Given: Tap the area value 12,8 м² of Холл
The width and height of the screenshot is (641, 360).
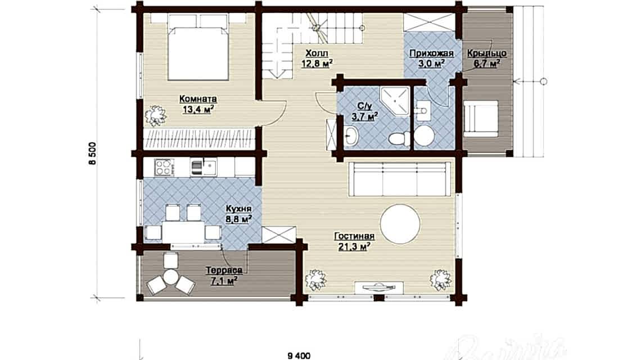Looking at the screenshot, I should tap(318, 62).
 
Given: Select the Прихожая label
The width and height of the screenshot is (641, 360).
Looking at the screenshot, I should tap(431, 53).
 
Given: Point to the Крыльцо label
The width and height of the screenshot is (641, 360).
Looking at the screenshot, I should tap(487, 53).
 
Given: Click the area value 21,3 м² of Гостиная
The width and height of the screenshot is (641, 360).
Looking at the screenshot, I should tap(351, 246).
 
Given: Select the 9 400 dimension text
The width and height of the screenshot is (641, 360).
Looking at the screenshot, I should tap(299, 354).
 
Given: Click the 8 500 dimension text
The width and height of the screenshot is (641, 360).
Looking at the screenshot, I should tap(91, 154).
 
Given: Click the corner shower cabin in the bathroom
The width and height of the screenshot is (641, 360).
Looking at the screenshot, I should tap(397, 100).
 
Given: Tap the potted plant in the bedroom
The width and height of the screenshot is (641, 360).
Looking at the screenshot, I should tap(155, 115).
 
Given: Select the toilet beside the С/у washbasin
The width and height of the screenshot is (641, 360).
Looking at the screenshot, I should tap(401, 137).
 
